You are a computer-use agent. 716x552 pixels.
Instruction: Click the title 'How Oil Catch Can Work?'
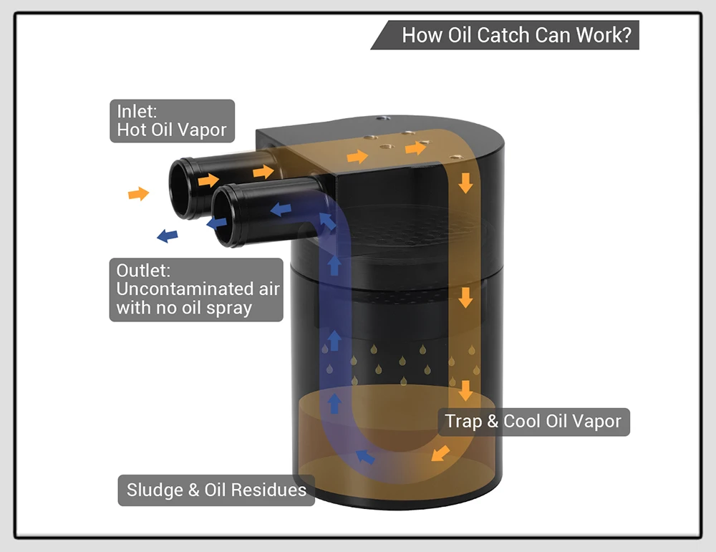tap(516, 35)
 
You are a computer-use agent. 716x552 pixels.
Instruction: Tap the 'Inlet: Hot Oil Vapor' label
tap(172, 121)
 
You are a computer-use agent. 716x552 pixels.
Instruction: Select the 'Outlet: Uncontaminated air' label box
tap(196, 289)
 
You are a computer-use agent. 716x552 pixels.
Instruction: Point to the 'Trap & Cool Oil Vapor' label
tap(533, 422)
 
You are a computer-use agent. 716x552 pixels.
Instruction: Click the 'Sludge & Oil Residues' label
tap(216, 490)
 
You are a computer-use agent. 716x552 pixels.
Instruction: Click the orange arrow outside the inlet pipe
tap(139, 194)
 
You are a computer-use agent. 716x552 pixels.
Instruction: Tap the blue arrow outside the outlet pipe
tap(167, 236)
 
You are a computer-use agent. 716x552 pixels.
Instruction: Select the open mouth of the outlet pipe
tap(226, 216)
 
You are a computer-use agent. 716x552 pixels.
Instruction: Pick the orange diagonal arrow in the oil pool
tap(440, 453)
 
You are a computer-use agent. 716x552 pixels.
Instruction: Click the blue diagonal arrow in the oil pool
tap(365, 457)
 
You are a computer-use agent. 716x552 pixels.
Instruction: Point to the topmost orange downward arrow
tap(465, 183)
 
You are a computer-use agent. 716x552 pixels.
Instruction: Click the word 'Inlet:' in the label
tap(137, 112)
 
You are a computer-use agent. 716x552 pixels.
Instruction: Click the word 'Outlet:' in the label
tap(143, 271)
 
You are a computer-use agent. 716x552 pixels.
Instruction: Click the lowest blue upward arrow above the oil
tap(334, 403)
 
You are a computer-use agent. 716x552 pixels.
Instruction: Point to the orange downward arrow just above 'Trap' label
tap(465, 390)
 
